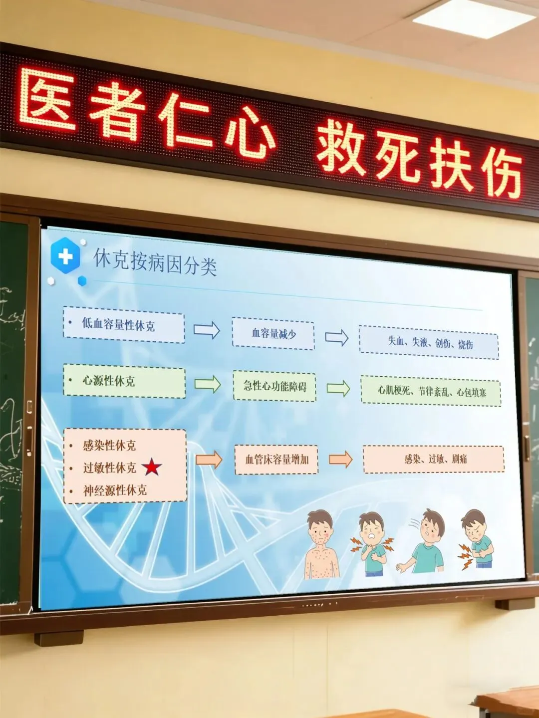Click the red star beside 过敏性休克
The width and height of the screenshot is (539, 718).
(x=152, y=468)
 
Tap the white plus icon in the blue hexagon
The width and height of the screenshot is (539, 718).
(x=65, y=256)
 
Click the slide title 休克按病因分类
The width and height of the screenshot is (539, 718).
(x=155, y=262)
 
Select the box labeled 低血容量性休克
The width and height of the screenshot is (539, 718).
(x=124, y=325)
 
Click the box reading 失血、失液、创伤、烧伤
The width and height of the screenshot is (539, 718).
(x=429, y=343)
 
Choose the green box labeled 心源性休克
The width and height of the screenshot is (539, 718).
(x=124, y=382)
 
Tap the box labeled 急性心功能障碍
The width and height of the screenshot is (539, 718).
(x=274, y=386)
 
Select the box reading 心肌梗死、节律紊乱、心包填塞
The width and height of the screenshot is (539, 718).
(x=431, y=391)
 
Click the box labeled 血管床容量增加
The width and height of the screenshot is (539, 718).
(x=276, y=459)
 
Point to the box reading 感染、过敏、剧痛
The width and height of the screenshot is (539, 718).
(x=434, y=459)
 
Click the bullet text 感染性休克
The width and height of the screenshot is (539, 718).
(x=109, y=445)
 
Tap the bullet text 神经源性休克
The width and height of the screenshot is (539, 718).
(x=115, y=490)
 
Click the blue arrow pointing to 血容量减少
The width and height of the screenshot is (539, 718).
(x=207, y=330)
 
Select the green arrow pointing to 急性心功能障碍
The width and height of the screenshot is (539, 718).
(x=208, y=384)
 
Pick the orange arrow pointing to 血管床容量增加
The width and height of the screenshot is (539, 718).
(x=209, y=459)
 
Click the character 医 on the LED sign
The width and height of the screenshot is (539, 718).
(x=47, y=99)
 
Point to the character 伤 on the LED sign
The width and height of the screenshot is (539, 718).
(x=502, y=172)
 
